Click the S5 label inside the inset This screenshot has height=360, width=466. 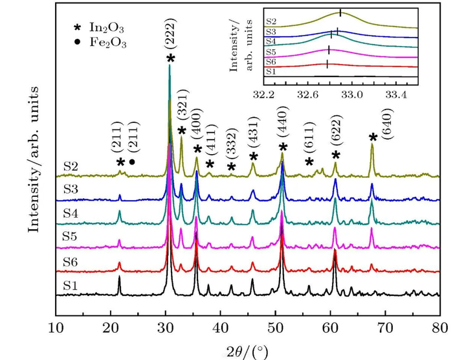coord(271,51)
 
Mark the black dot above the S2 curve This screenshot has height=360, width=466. coord(132,162)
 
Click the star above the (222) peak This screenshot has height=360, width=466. coord(170,59)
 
